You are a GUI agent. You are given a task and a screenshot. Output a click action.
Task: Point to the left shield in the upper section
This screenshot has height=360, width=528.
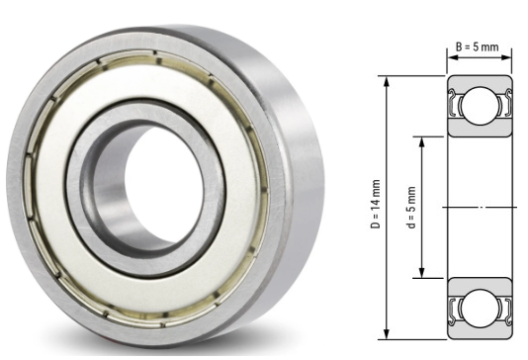click(x=457, y=104)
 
